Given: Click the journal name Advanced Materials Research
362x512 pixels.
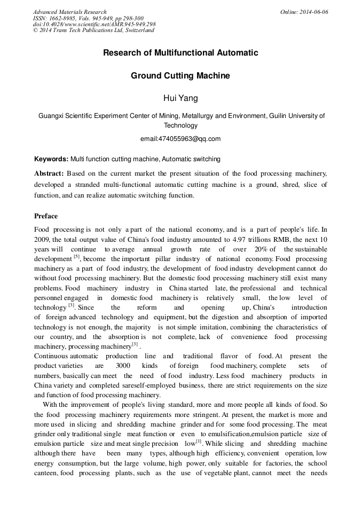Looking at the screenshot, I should click(x=69, y=12).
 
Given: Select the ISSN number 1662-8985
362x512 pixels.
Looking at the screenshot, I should click(x=62, y=18).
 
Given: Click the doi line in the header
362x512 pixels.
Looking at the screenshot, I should click(x=94, y=24).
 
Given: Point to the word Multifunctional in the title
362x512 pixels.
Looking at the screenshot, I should click(x=180, y=53).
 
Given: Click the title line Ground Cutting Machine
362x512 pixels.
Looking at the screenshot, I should click(x=180, y=76).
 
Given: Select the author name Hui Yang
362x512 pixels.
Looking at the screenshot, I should click(x=180, y=99).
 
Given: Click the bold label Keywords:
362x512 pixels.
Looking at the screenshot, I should click(x=51, y=159).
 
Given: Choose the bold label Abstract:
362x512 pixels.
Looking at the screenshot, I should click(x=49, y=174).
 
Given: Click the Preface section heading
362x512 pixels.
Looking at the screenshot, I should click(x=46, y=216).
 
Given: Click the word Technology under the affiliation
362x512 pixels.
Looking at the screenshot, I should click(x=180, y=125).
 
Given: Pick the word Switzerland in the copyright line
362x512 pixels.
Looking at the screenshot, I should click(x=138, y=30).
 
